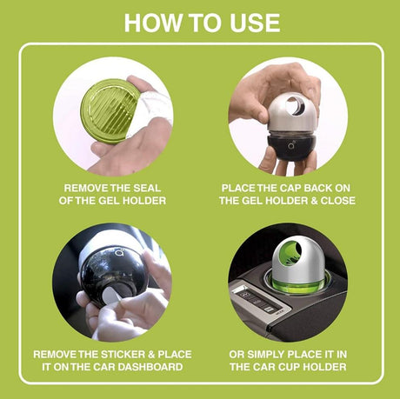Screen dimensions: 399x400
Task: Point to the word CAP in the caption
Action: [263, 187]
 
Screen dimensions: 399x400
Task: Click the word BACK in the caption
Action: [296, 187]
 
